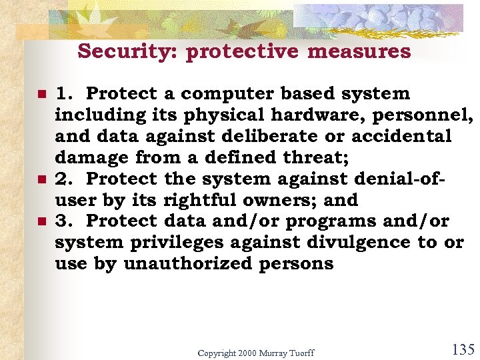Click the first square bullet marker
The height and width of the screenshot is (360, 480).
tap(41, 94)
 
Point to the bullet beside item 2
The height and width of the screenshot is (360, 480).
tap(41, 179)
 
